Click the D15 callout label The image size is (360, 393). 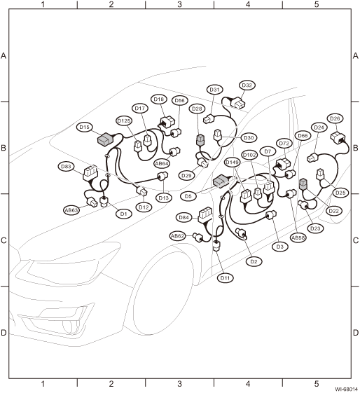click(x=85, y=127)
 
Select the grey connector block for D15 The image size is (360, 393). click(x=106, y=139)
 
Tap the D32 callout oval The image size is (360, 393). click(x=247, y=85)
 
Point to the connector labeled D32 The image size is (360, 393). click(x=239, y=103)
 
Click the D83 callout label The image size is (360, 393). click(x=66, y=167)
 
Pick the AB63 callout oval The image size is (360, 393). click(x=71, y=210)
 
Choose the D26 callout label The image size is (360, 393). click(x=335, y=118)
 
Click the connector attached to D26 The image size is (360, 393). click(x=338, y=137)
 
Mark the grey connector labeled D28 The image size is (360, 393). click(x=200, y=139)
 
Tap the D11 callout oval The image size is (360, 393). click(x=225, y=278)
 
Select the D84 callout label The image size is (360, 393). click(x=184, y=218)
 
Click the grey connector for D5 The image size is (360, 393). click(x=221, y=181)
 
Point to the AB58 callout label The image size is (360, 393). click(x=298, y=237)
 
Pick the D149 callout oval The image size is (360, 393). click(x=233, y=163)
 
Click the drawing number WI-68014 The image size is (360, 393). click(x=347, y=389)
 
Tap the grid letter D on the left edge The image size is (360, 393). click(x=4, y=333)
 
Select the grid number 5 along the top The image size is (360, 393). click(x=317, y=4)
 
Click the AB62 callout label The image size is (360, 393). click(x=178, y=236)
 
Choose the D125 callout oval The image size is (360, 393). click(x=124, y=120)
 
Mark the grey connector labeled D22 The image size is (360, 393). click(x=303, y=184)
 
